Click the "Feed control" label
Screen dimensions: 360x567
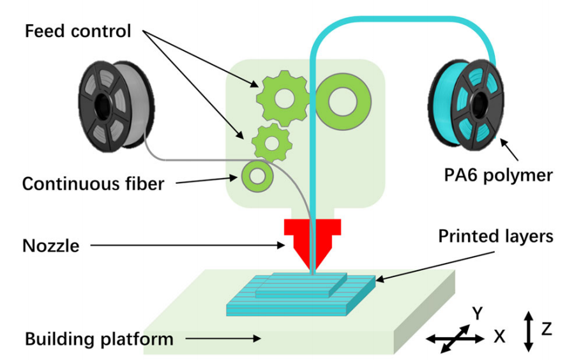tap(77, 31)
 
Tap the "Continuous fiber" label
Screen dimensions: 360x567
tap(93, 184)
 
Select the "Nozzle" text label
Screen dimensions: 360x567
tap(50, 245)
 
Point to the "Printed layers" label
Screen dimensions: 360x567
tap(495, 236)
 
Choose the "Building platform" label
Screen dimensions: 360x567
tap(99, 338)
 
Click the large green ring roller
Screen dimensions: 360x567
tap(343, 99)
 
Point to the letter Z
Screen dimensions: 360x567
tap(547, 329)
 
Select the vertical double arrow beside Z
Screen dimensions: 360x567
tap(528, 331)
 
